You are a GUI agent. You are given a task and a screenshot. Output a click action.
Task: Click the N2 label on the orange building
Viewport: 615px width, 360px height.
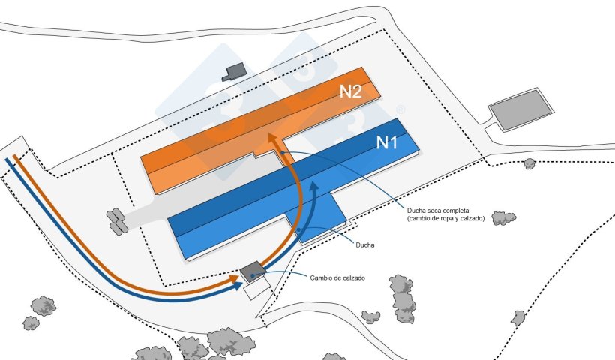351,91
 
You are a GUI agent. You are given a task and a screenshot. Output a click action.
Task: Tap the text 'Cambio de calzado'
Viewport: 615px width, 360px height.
337,277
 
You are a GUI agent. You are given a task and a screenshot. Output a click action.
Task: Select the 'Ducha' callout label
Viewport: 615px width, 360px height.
366,244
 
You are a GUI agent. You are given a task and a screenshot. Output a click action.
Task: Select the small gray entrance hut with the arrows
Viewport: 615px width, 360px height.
253,271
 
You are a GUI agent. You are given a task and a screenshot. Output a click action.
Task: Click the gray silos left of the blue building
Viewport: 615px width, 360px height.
117,220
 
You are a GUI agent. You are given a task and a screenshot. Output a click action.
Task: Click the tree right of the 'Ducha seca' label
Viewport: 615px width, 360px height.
503,218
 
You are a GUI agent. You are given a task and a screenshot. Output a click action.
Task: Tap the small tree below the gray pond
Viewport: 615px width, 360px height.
529,163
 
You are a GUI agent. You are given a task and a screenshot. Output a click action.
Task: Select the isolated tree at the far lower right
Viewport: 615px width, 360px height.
517,317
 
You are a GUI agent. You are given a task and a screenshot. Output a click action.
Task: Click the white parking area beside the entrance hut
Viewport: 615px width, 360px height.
256,286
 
